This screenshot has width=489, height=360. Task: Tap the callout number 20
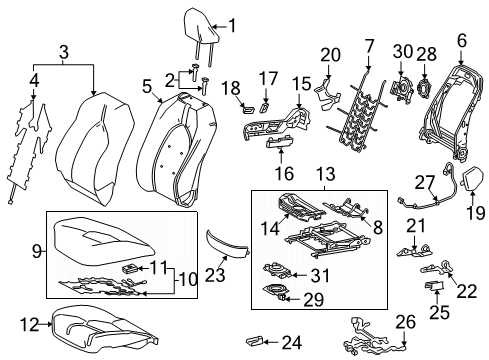pyautogui.click(x=331, y=55)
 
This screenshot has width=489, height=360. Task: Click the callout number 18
pyautogui.click(x=225, y=87)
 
